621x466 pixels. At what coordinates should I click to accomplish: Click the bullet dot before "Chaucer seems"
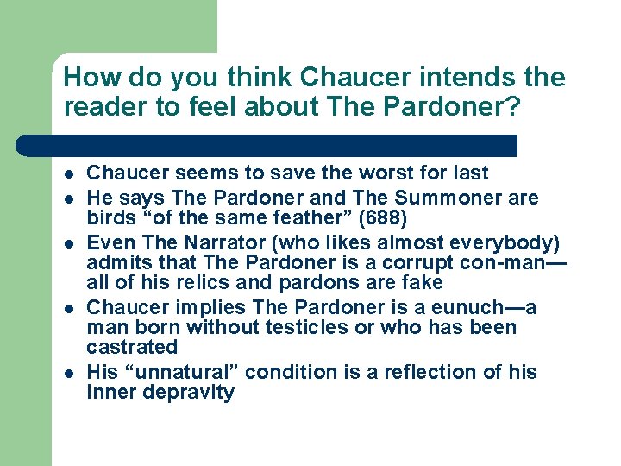[x=66, y=173]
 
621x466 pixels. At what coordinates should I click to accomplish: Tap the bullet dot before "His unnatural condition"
[x=66, y=373]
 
